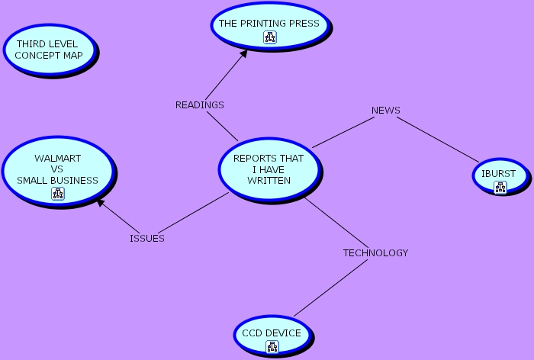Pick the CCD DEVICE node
[272, 333]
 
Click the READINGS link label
[199, 104]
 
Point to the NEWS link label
[385, 110]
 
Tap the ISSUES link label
[146, 238]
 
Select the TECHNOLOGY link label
[375, 252]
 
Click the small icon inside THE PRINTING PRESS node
[269, 37]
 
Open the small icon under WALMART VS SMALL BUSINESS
[58, 194]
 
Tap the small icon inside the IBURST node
[500, 187]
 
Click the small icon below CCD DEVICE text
[272, 347]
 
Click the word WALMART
[58, 158]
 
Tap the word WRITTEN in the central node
[269, 181]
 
